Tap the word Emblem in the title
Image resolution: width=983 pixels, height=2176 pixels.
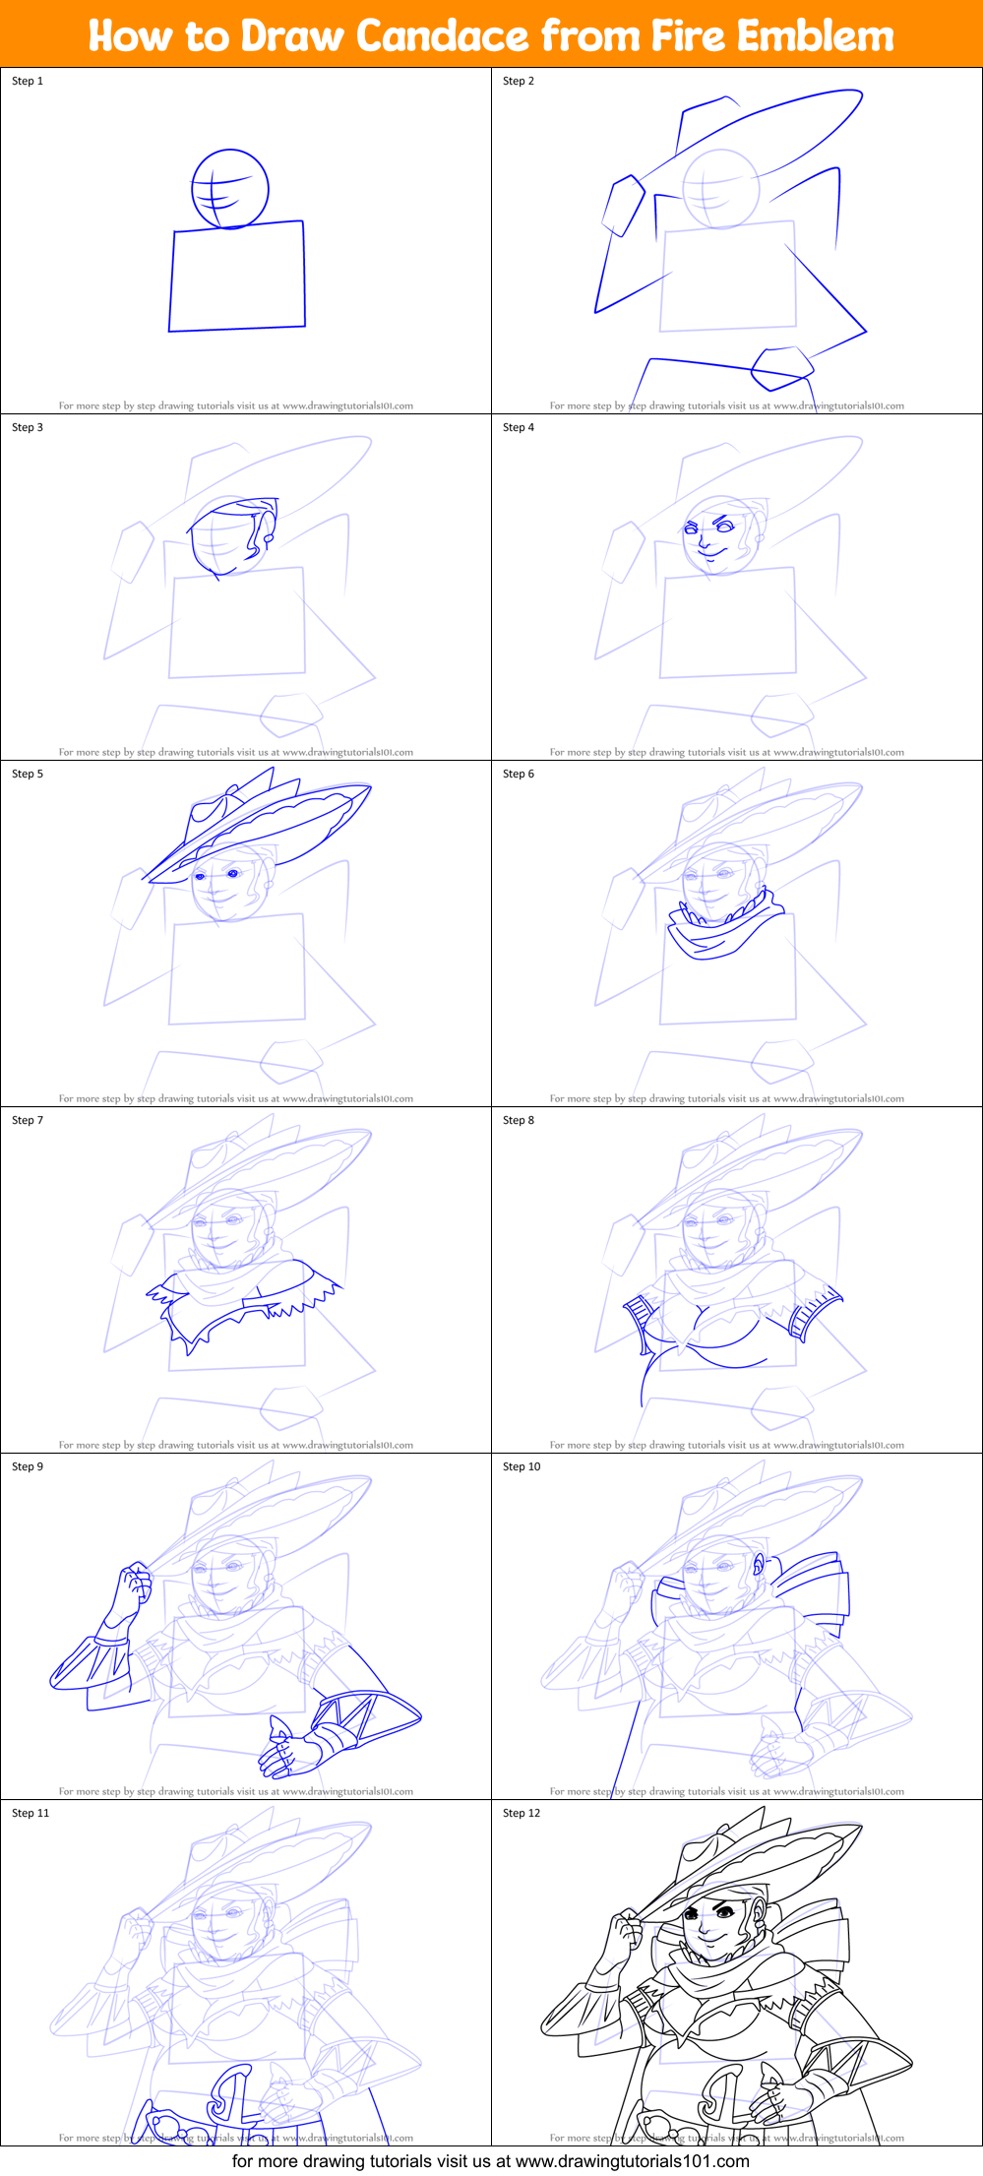(815, 36)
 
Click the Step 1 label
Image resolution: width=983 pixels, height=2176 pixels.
(28, 81)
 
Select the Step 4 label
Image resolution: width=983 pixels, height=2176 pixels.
(519, 427)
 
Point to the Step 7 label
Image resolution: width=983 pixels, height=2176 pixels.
(28, 1120)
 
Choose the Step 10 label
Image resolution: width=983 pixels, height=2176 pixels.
(522, 1466)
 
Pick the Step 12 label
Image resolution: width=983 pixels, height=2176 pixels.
(522, 1813)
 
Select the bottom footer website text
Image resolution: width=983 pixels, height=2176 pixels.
(491, 2161)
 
